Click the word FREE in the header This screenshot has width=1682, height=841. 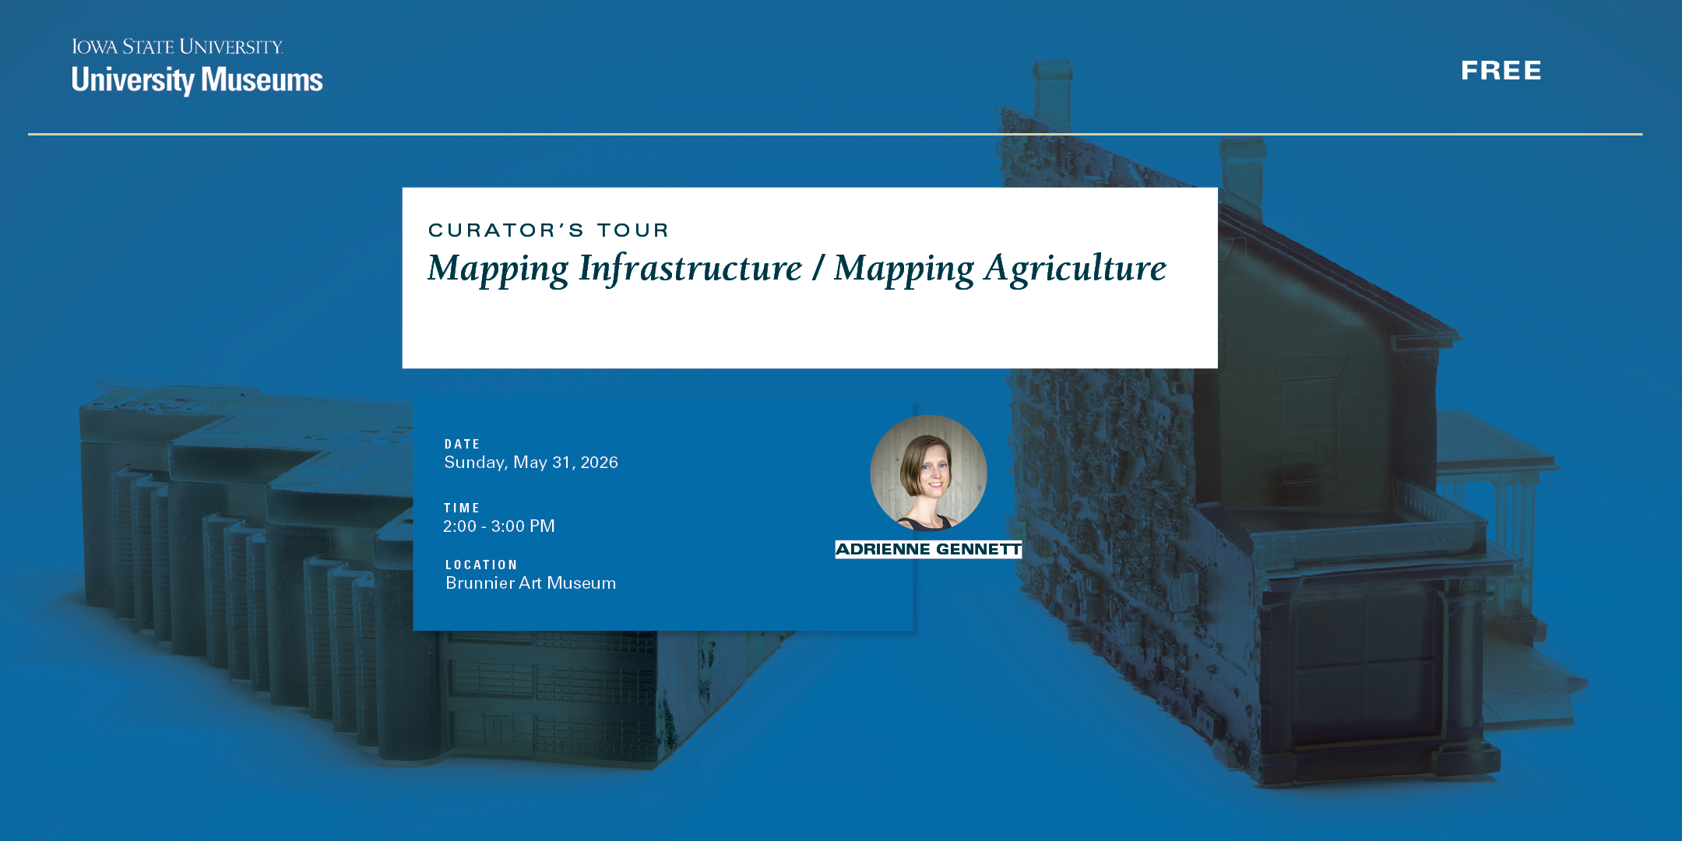pyautogui.click(x=1501, y=71)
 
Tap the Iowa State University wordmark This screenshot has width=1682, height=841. pyautogui.click(x=178, y=47)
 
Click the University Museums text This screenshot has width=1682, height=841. pyautogui.click(x=197, y=80)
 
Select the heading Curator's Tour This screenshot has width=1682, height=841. pyautogui.click(x=548, y=230)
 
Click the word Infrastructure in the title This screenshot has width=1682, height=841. pyautogui.click(x=690, y=269)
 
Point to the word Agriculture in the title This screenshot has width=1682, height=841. pyautogui.click(x=1075, y=269)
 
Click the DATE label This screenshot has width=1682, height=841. pyautogui.click(x=462, y=444)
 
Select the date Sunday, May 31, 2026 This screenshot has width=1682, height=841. pyautogui.click(x=531, y=463)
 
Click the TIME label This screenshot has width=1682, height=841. pyautogui.click(x=462, y=508)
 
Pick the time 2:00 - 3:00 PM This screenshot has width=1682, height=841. pyautogui.click(x=499, y=526)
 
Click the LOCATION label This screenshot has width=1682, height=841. pyautogui.click(x=481, y=565)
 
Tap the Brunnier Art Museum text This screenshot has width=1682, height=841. pyautogui.click(x=530, y=583)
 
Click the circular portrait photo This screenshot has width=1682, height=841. pyautogui.click(x=928, y=473)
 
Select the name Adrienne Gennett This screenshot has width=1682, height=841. pyautogui.click(x=928, y=550)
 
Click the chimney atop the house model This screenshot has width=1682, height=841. pyautogui.click(x=1053, y=93)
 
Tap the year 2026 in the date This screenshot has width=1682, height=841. pyautogui.click(x=600, y=463)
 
